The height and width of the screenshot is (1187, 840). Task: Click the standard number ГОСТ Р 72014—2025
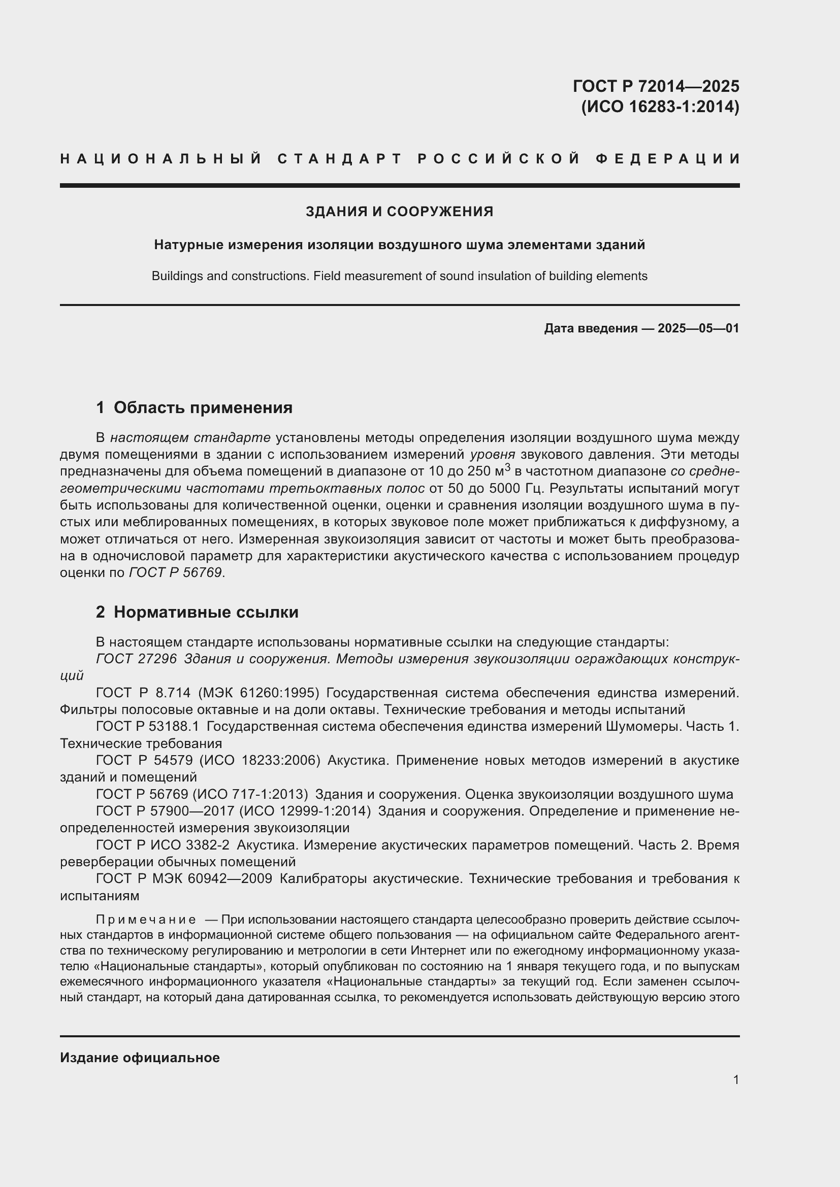tap(655, 86)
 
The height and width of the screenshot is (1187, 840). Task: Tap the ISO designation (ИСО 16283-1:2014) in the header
tap(660, 107)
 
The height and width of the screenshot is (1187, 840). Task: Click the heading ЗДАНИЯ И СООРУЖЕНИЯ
tap(399, 212)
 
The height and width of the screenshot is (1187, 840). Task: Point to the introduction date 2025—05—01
tap(698, 328)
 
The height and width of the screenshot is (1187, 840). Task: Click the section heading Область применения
tap(203, 408)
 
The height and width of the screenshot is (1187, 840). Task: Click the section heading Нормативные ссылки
tap(206, 612)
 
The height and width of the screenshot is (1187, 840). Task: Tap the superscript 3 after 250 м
tap(508, 467)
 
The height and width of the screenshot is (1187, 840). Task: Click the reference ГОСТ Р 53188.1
tap(147, 726)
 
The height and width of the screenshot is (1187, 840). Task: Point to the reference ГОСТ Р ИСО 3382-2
tap(163, 845)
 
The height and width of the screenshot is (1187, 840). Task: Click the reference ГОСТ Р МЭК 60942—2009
tap(184, 878)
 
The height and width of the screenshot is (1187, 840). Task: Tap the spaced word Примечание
tap(146, 920)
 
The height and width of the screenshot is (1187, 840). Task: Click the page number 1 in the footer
tap(735, 1079)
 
